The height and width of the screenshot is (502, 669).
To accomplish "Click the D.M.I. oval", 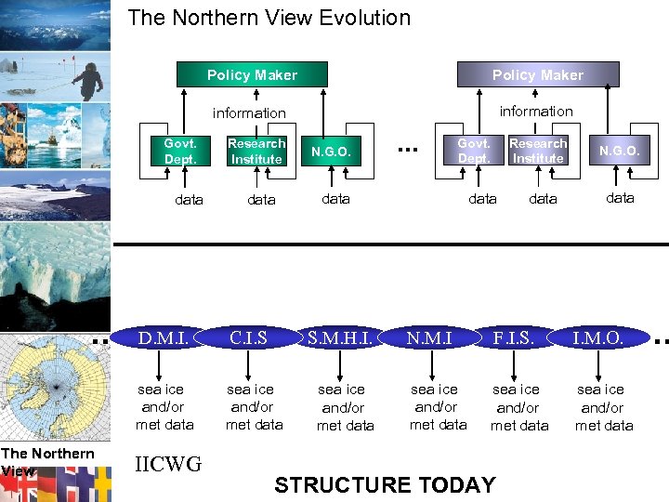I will click(x=164, y=338).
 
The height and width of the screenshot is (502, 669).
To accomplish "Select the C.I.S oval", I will click(x=249, y=338).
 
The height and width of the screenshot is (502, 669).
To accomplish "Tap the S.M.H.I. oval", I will click(x=340, y=338).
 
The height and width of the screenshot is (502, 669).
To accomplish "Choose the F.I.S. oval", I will click(x=514, y=338).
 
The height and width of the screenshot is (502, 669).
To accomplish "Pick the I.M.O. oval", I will click(x=597, y=338).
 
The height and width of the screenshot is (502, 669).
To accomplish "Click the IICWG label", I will click(x=168, y=464).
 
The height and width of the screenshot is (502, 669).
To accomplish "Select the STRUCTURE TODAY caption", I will click(x=385, y=484).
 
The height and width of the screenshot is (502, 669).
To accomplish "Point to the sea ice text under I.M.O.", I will click(x=602, y=390).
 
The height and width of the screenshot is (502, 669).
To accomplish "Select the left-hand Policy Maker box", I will click(x=252, y=75).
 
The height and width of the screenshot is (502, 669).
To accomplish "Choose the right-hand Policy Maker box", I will click(x=537, y=75).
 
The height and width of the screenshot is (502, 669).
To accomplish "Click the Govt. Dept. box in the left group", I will click(x=180, y=152).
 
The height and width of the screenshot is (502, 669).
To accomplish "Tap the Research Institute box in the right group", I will click(x=538, y=151).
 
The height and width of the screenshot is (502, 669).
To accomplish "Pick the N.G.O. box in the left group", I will click(x=330, y=152).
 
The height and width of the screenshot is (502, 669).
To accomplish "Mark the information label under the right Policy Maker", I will click(x=536, y=112).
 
